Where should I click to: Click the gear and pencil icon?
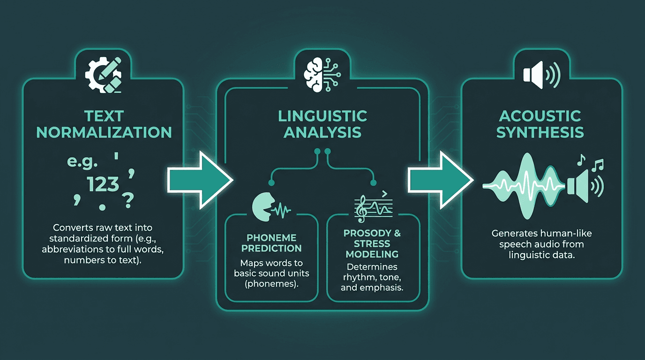(x=103, y=75)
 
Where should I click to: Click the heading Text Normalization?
(x=104, y=124)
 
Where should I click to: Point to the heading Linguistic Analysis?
(x=322, y=124)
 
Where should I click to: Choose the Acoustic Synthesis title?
(x=540, y=124)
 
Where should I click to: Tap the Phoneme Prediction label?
(x=271, y=243)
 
